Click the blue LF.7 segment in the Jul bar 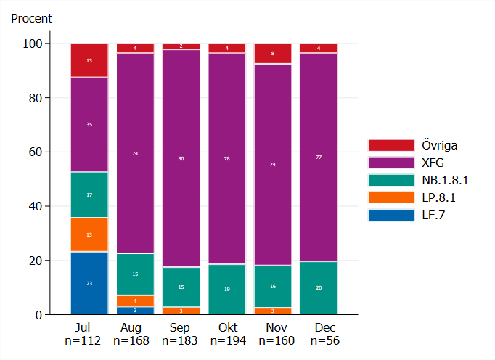click(x=89, y=283)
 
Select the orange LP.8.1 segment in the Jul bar click(x=89, y=234)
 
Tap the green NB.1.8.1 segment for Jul click(x=89, y=195)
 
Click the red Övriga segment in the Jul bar click(x=89, y=60)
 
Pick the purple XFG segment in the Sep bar click(x=181, y=157)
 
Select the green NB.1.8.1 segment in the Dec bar click(x=319, y=287)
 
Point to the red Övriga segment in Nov click(x=273, y=54)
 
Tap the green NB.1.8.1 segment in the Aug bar click(x=135, y=274)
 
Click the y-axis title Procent click(x=32, y=18)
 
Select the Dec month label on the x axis click(x=319, y=327)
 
